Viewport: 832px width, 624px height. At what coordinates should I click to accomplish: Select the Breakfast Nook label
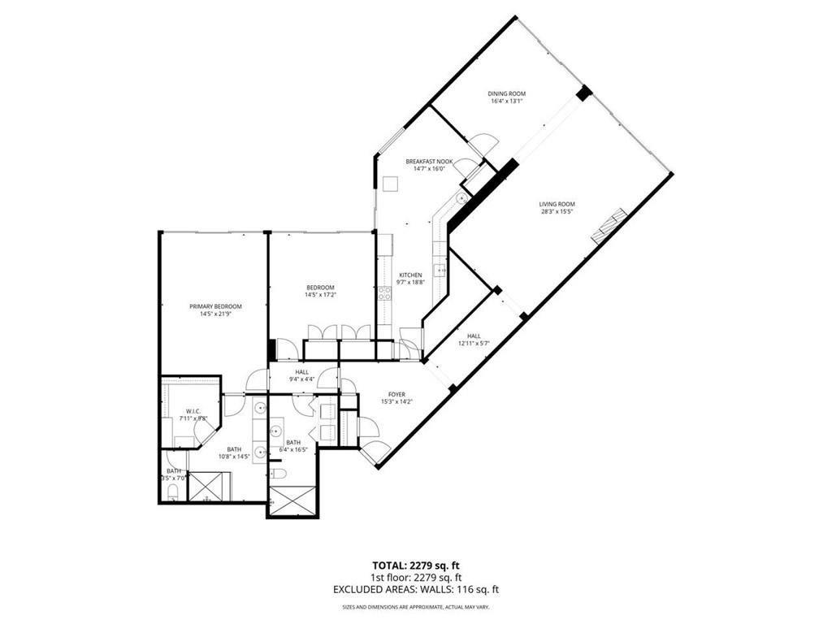(x=429, y=162)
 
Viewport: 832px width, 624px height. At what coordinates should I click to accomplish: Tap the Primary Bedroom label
(x=215, y=306)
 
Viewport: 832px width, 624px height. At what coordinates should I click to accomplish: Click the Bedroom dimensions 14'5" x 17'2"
(x=320, y=296)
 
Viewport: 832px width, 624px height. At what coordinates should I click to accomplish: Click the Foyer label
(x=396, y=395)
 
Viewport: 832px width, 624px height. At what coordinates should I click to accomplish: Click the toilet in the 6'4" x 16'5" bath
(x=277, y=474)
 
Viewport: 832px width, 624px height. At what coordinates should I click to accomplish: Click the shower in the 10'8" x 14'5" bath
(x=210, y=487)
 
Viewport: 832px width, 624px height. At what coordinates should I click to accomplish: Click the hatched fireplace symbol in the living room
(x=609, y=226)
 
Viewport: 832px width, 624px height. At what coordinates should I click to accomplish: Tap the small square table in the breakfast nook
(x=389, y=184)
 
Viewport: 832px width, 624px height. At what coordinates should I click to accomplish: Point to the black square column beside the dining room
(x=583, y=93)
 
